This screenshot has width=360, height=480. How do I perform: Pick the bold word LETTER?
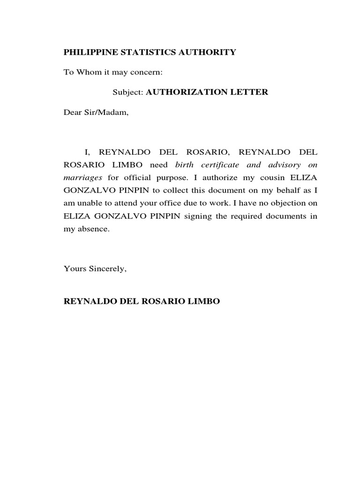[x=247, y=92]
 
